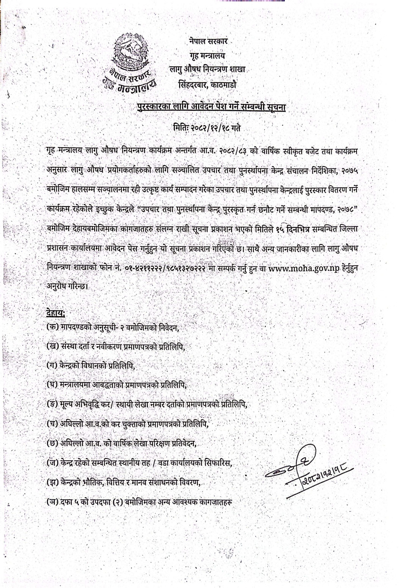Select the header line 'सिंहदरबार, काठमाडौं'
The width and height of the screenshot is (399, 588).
pos(208,84)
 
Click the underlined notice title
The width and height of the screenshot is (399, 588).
pos(211,107)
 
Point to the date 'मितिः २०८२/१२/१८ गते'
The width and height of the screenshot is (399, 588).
pos(207,127)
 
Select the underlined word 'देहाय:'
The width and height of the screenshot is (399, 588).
pos(56,314)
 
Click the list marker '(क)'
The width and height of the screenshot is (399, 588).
pos(53,328)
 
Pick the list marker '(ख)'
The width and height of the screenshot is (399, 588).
pos(53,346)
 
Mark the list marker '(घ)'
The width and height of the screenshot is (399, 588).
pos(53,384)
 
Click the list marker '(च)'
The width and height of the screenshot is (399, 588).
pos(53,423)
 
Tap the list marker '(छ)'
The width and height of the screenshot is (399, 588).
pos(53,443)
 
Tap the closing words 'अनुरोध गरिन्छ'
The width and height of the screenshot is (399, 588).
pos(67,286)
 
